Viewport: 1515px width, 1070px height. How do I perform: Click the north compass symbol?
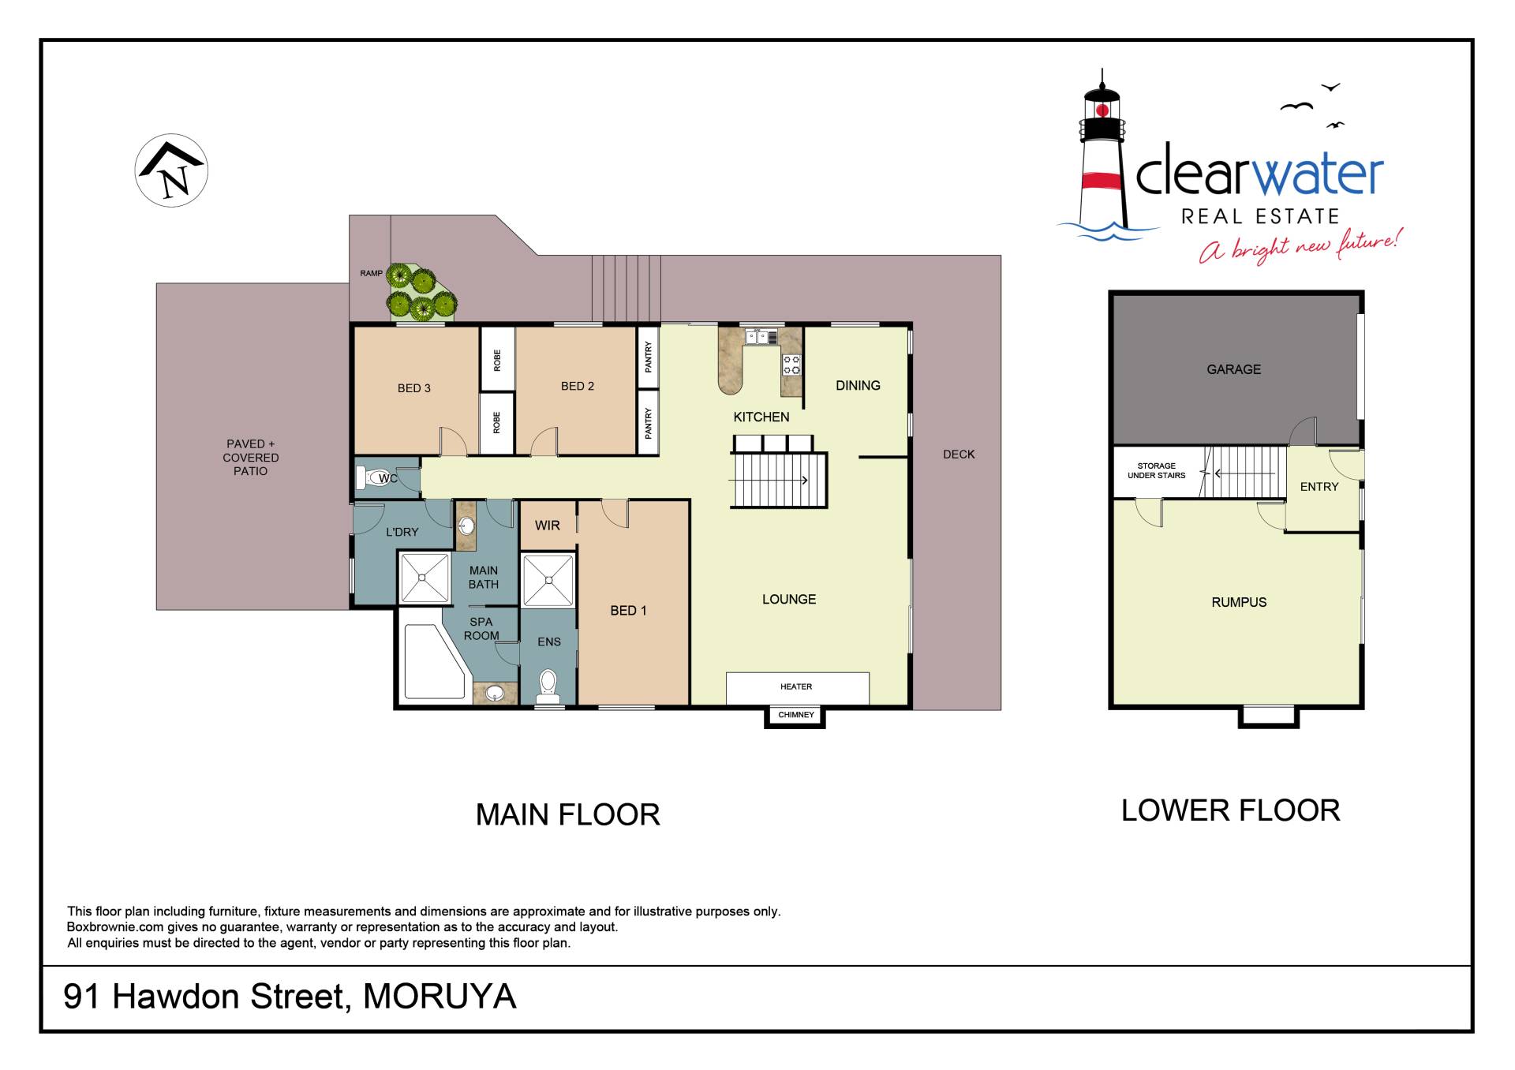[x=171, y=170]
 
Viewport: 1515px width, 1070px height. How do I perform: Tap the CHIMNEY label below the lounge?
[x=795, y=715]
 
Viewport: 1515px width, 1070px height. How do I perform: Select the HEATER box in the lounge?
[x=797, y=687]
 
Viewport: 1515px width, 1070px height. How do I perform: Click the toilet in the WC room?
[x=371, y=477]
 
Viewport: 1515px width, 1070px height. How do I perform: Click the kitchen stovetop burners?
[x=791, y=365]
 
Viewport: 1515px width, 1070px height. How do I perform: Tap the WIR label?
[x=548, y=526]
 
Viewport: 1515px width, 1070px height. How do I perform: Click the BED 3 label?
[x=414, y=388]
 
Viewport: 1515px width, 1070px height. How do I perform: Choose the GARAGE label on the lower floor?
[x=1233, y=369]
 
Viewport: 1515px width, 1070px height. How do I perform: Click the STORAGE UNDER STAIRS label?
[x=1156, y=470]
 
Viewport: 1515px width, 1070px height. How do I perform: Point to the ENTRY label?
[x=1319, y=487]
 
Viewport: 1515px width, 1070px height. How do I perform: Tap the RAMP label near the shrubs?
[x=371, y=274]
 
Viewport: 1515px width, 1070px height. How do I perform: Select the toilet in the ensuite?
[x=548, y=686]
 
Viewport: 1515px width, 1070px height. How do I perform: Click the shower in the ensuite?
[x=548, y=581]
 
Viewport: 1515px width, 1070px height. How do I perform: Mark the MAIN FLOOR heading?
[x=567, y=814]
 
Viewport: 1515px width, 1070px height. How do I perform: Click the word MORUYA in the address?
[x=440, y=997]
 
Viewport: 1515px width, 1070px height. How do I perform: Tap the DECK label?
[x=959, y=455]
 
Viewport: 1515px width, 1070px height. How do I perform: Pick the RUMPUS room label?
[x=1239, y=602]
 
